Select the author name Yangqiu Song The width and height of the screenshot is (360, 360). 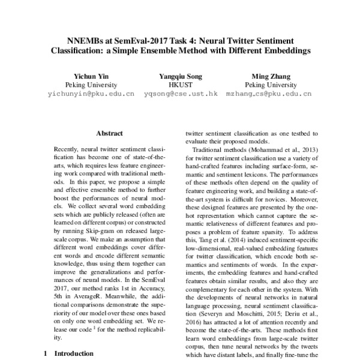(x=181, y=76)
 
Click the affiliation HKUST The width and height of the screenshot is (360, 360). (x=181, y=85)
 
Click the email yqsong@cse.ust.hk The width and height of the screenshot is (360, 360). (x=181, y=95)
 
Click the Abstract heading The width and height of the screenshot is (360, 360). (x=109, y=134)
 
